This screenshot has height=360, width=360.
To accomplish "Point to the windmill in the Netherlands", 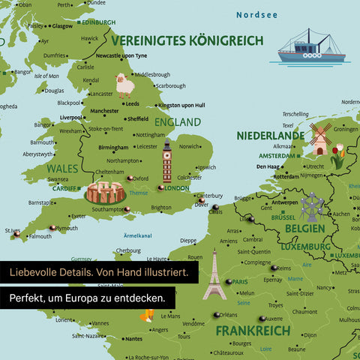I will tap(320, 138).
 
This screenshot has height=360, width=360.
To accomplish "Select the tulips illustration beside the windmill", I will tap(339, 155).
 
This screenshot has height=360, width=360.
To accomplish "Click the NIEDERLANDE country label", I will tap(271, 136).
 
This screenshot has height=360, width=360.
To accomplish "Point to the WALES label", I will tap(63, 169).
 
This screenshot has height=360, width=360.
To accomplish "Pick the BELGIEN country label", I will tap(304, 228).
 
